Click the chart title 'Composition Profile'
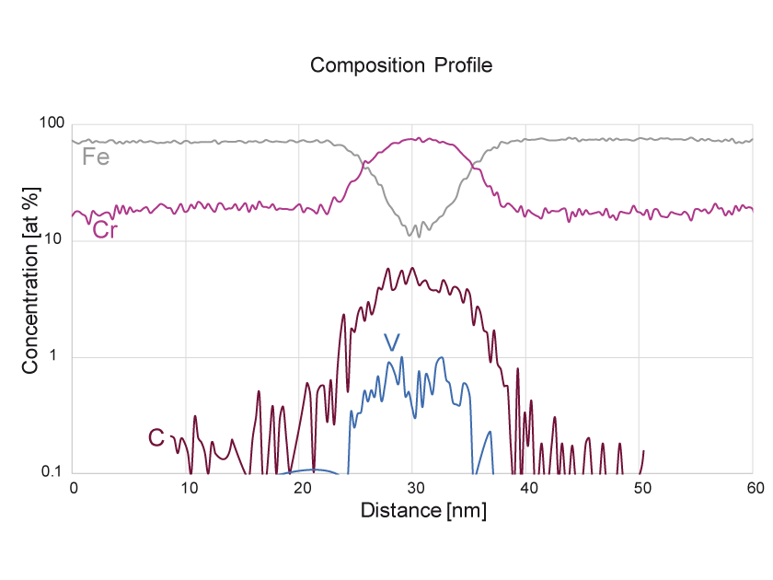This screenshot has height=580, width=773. pos(401,65)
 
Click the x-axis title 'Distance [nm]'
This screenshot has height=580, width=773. pos(423,509)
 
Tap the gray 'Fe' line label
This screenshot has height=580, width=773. pos(96,157)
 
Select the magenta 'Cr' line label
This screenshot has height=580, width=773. pos(106,229)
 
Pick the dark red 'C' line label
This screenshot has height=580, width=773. pos(156,437)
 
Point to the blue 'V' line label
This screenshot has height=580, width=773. pos(393,342)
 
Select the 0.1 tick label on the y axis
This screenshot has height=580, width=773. pos(52,473)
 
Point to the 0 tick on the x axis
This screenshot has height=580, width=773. pos(74,488)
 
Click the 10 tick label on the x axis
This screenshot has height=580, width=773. pos(187,488)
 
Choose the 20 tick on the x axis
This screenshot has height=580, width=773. pos(300,488)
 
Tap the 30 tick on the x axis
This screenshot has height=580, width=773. pos(413,488)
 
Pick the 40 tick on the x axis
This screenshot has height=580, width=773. pos(526,488)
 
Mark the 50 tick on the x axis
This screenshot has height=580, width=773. pos(640,488)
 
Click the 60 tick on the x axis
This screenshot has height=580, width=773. pos(753,488)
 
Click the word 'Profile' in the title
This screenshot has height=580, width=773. pos(464,65)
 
